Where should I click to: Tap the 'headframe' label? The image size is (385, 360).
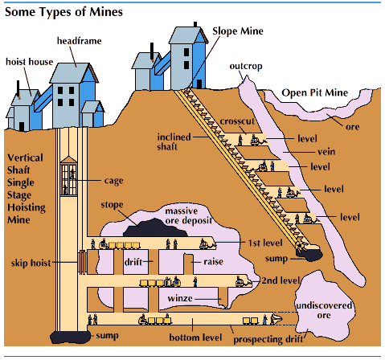coord(79,40)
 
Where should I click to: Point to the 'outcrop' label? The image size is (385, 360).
coord(246,65)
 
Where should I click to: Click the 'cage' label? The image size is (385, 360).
coord(113,181)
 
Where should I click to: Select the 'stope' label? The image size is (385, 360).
coord(112,205)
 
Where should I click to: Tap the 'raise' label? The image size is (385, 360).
coord(203,262)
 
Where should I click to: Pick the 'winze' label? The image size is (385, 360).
coord(180,299)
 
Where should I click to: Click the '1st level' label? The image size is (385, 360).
coord(260,241)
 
